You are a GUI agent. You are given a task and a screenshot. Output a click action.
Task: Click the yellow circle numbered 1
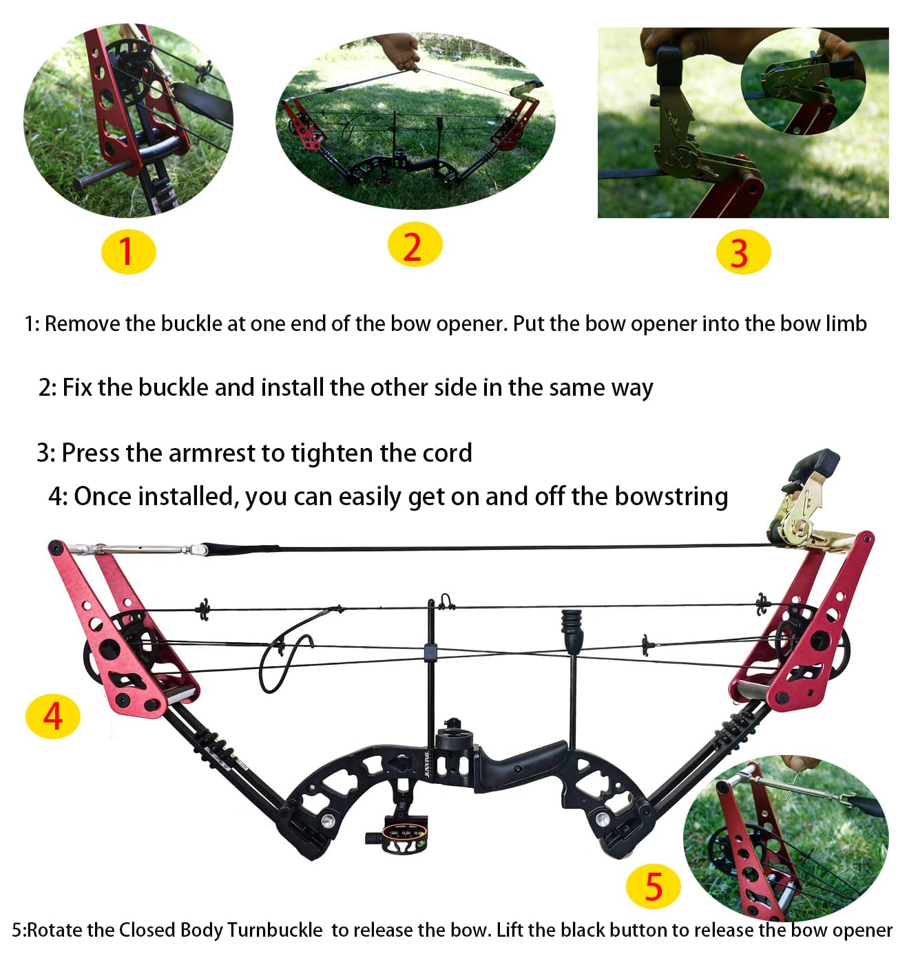(129, 251)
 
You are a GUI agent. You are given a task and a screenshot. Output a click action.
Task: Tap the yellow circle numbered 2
(414, 245)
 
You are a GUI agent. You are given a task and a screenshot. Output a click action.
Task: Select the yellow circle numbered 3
(742, 252)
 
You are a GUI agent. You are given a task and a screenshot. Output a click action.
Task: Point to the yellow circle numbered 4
(53, 716)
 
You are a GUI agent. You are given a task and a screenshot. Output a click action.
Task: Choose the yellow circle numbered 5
(653, 886)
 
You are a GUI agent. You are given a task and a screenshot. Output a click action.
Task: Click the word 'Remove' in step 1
(83, 323)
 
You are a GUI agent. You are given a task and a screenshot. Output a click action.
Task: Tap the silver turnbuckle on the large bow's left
(145, 549)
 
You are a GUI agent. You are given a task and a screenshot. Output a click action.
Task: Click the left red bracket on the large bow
(121, 644)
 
